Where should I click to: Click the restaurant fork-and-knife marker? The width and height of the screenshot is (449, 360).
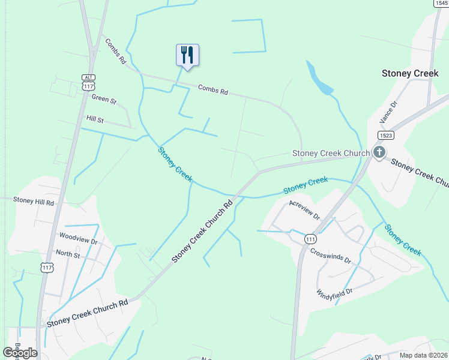pyautogui.click(x=187, y=55)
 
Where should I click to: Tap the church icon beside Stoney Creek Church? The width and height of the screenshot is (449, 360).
pyautogui.click(x=379, y=152)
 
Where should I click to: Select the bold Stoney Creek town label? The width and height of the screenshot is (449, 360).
pyautogui.click(x=410, y=73)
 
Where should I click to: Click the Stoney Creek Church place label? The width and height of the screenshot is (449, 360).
pyautogui.click(x=331, y=153)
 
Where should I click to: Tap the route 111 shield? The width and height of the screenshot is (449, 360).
pyautogui.click(x=310, y=238)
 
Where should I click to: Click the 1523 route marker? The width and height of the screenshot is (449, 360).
pyautogui.click(x=387, y=136)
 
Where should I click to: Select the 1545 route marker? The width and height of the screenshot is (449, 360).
pyautogui.click(x=441, y=4)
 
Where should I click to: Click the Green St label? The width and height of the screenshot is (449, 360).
pyautogui.click(x=104, y=99)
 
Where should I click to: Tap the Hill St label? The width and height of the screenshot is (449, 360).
pyautogui.click(x=95, y=119)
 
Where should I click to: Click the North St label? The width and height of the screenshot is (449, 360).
pyautogui.click(x=68, y=254)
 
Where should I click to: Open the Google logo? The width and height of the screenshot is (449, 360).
pyautogui.click(x=20, y=353)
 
